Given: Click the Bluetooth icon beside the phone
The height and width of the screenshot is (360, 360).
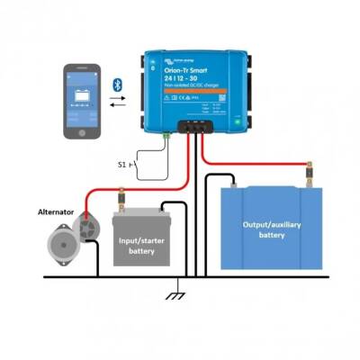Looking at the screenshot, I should tap(115, 84).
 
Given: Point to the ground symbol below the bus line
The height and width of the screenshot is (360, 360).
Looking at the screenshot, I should tap(177, 295).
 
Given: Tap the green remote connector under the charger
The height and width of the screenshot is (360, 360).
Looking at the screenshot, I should tap(167, 135).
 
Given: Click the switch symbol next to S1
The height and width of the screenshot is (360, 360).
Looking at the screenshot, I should tap(135, 165).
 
